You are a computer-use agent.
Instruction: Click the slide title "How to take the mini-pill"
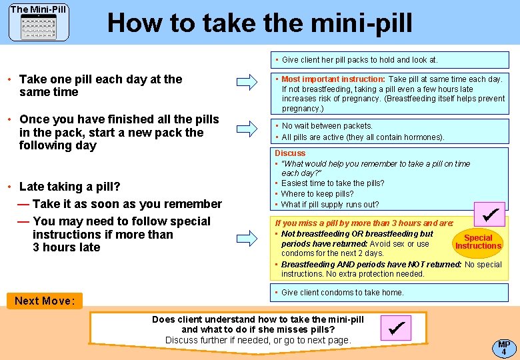[259, 23]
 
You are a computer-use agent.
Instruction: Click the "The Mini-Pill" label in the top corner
[38, 9]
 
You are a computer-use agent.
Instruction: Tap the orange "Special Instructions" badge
[478, 242]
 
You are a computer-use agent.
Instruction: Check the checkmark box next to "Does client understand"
[395, 328]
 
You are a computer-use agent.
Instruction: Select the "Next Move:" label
[45, 301]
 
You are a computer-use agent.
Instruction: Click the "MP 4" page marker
[504, 347]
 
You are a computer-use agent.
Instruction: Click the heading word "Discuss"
[290, 153]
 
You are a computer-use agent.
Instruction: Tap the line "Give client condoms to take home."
[343, 293]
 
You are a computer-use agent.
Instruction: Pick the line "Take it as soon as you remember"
[127, 204]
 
